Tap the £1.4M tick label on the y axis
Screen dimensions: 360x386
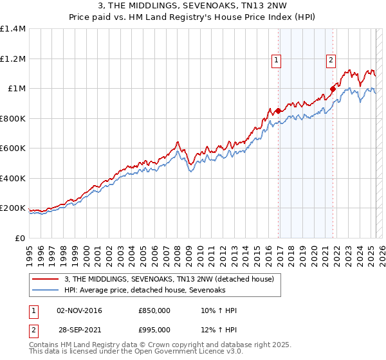[x=13, y=29]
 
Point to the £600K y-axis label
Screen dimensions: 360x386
[x=13, y=148]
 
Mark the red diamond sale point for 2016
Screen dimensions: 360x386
[x=278, y=111]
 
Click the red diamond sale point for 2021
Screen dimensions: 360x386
[x=333, y=89]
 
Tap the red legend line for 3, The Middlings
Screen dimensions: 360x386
[x=46, y=279]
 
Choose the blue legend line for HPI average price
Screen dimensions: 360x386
[x=46, y=290]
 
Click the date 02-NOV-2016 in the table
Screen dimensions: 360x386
[x=80, y=310]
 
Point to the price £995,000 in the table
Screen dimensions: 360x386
[x=154, y=330]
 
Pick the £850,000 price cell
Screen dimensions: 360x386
[x=154, y=310]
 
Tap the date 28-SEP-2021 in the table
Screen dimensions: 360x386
[x=79, y=330]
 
